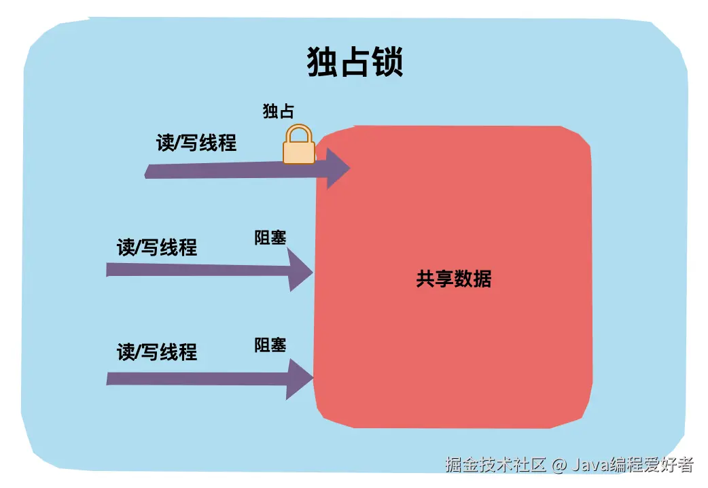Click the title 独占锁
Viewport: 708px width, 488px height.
355,63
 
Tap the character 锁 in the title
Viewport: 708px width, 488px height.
387,63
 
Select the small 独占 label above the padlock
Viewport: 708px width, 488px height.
279,111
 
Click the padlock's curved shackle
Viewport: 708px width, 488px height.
299,133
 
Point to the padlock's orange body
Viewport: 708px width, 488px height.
299,152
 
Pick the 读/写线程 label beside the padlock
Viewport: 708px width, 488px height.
196,143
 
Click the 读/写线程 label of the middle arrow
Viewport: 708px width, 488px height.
157,247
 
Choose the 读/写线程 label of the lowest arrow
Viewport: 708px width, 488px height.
157,351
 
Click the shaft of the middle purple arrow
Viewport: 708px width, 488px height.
197,270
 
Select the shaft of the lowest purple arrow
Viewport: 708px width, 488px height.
197,378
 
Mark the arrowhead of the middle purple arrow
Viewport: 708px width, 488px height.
300,271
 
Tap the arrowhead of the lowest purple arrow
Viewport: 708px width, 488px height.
300,379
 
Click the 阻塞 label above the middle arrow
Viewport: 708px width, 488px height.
270,237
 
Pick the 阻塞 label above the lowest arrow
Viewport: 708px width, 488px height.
270,345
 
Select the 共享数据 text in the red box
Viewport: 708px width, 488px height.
453,279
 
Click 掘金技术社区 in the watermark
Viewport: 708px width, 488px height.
495,465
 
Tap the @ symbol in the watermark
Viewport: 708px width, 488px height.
559,466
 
